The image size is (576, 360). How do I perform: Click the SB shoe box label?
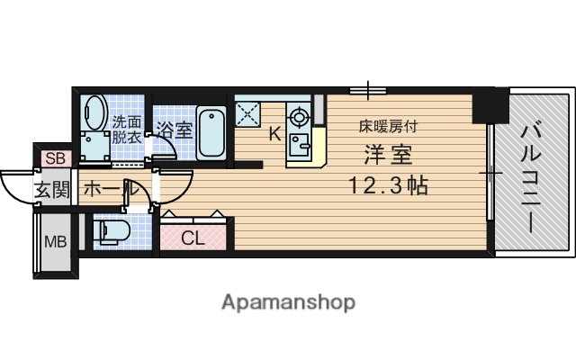tap(55, 158)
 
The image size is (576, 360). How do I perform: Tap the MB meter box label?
tap(55, 241)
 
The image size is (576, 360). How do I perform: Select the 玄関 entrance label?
tap(52, 190)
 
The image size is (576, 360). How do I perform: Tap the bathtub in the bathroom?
tap(211, 132)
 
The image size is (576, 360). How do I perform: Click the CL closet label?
tap(193, 238)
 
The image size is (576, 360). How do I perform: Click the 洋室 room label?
tap(388, 155)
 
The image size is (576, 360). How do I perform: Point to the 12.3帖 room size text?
tap(389, 186)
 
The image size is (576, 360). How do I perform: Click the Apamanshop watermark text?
tap(288, 302)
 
